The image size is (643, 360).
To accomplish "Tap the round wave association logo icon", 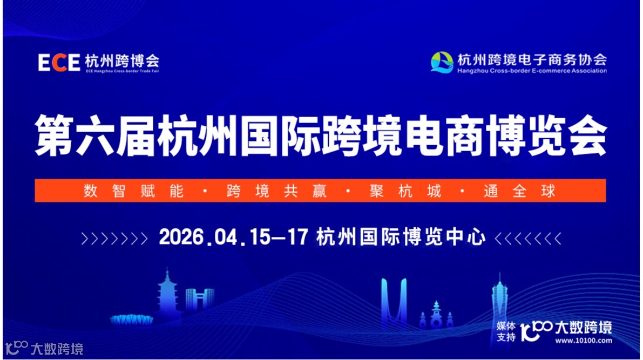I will tap(442, 63).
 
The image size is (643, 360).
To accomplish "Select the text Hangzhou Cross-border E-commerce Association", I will tap(531, 71).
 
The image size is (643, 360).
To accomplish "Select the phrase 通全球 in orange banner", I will tap(519, 191).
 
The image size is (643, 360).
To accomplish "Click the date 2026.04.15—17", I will tap(233, 237).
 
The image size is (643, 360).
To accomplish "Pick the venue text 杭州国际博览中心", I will tap(401, 237).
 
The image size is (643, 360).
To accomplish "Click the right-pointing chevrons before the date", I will tap(113, 238).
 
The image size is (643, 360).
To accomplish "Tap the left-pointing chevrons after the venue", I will tap(528, 238).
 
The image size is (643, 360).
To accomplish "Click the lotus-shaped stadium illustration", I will tap(131, 320).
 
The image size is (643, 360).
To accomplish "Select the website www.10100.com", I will tap(584, 341).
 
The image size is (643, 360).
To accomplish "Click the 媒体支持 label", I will tap(506, 331).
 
